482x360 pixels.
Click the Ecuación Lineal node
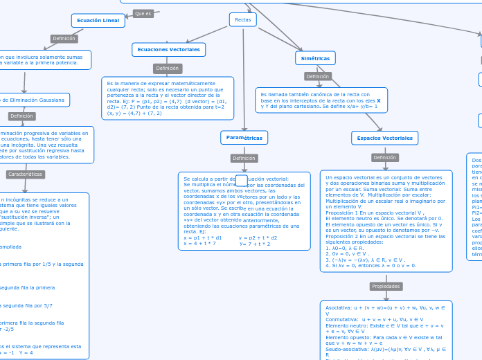click(x=98, y=21)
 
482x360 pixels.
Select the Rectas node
click(x=242, y=19)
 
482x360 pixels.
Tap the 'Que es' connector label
click(x=143, y=13)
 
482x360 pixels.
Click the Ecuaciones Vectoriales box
click(x=168, y=50)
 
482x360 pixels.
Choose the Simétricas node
click(x=315, y=58)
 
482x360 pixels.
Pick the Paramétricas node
click(x=244, y=138)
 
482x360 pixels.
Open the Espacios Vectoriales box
click(x=384, y=138)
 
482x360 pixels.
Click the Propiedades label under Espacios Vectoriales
click(x=386, y=286)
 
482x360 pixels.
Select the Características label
click(x=26, y=174)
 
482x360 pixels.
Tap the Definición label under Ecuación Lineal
click(x=64, y=39)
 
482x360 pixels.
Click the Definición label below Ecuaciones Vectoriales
click(x=167, y=69)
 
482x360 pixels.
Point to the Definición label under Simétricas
click(x=317, y=76)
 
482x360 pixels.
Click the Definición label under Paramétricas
click(x=244, y=158)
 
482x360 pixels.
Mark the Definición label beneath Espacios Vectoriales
click(x=384, y=157)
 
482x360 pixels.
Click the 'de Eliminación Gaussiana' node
click(x=35, y=100)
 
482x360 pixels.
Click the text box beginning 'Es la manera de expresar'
click(x=167, y=98)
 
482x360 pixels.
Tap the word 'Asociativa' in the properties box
click(x=338, y=307)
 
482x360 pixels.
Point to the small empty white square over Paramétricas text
click(x=241, y=181)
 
